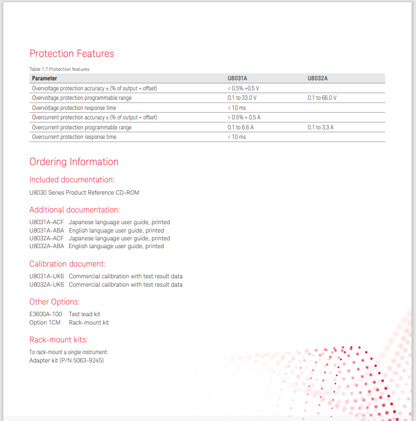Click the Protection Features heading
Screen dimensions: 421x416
point(71,54)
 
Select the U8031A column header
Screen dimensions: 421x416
point(237,79)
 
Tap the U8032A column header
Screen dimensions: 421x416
point(317,79)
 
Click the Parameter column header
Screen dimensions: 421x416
point(45,79)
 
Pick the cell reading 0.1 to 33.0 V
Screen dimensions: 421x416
point(242,98)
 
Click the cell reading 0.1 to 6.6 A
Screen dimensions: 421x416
point(241,128)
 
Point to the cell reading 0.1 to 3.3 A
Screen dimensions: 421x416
point(320,128)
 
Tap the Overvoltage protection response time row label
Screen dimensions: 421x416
point(74,108)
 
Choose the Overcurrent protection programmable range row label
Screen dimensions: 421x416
point(82,128)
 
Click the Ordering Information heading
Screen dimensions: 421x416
point(74,162)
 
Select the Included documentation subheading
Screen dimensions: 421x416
point(72,180)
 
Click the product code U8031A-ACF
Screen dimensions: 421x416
point(47,222)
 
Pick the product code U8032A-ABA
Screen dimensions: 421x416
point(47,246)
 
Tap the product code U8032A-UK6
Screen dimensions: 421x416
point(47,284)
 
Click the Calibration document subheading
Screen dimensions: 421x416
point(67,264)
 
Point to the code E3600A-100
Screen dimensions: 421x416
point(46,314)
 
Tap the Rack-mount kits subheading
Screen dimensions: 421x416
point(58,340)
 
